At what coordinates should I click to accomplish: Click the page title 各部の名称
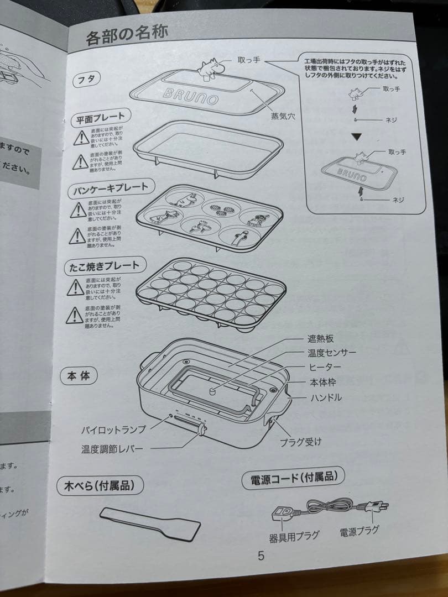[127, 37]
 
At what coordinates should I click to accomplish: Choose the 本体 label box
[79, 376]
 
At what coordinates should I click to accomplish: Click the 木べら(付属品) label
[100, 486]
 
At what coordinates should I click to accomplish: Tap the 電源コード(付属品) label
[293, 478]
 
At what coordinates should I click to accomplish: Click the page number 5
[261, 556]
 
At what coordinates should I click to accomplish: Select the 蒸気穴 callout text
[282, 117]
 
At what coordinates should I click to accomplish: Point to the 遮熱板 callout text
[321, 338]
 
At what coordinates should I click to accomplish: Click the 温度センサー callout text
[332, 353]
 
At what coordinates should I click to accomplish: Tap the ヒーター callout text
[325, 367]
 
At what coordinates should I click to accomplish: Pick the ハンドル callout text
[326, 397]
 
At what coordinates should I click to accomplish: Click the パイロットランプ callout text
[113, 430]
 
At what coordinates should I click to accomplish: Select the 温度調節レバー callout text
[111, 448]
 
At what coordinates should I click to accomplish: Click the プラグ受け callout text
[300, 442]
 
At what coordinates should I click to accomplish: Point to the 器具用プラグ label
[294, 535]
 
